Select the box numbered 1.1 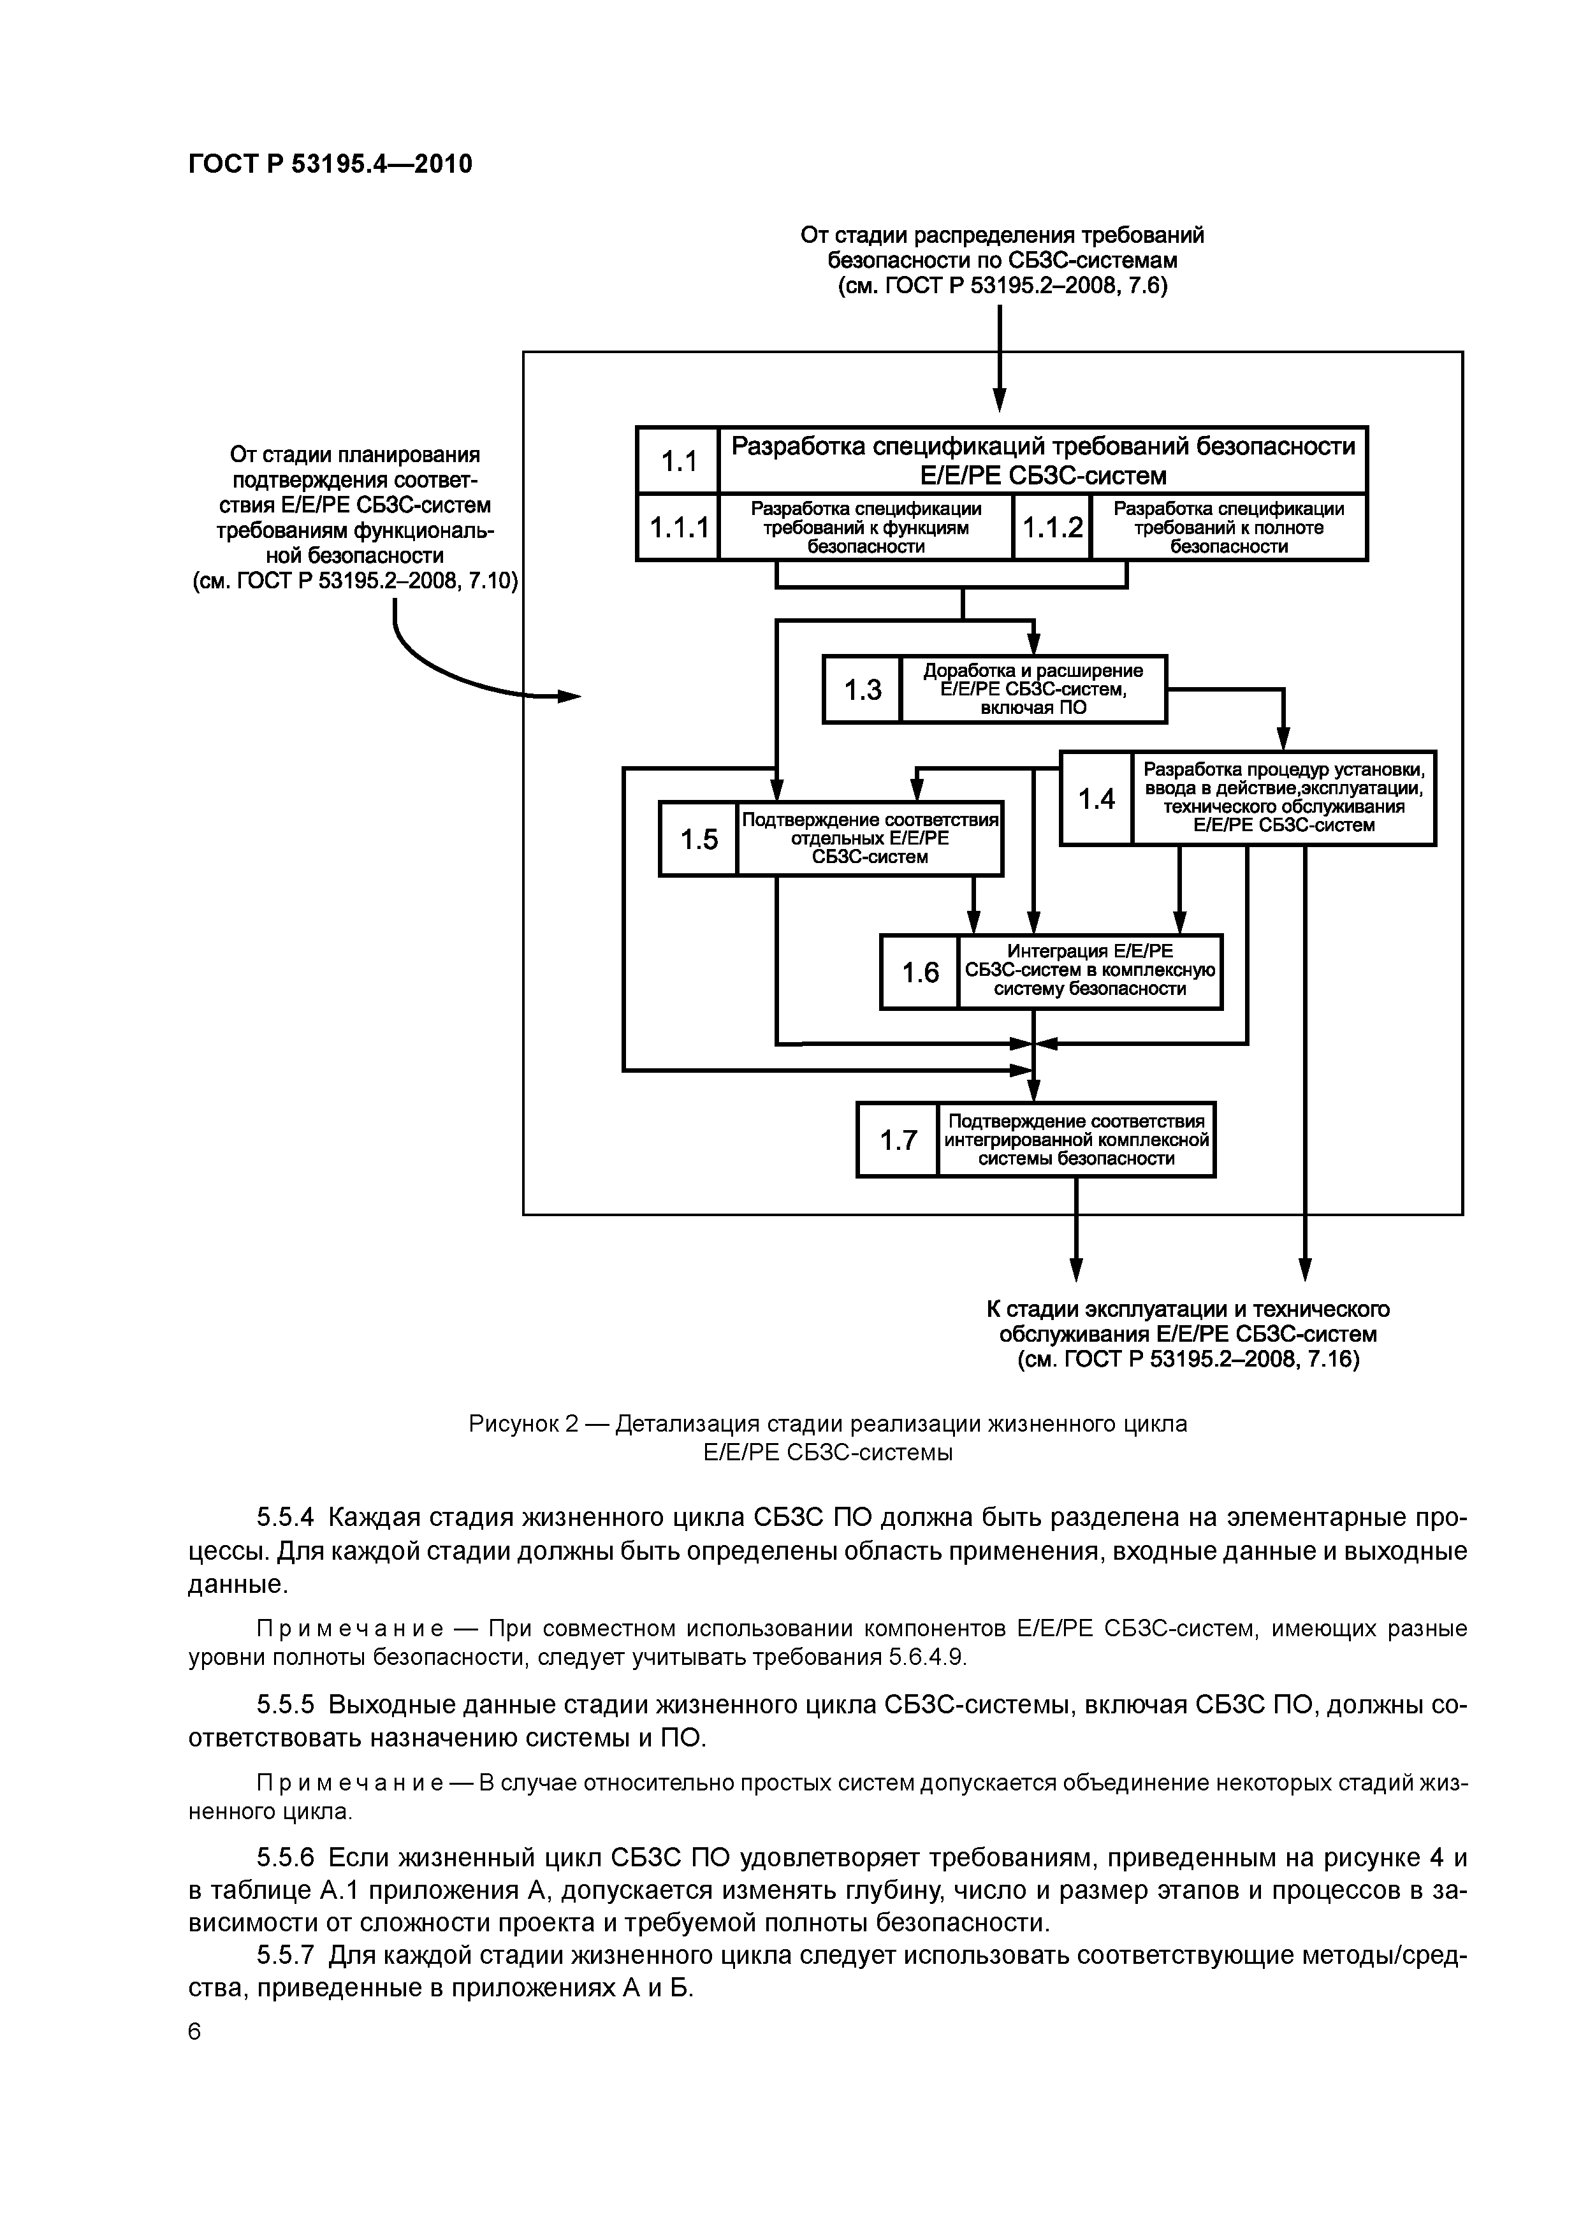[678, 460]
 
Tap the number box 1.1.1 [678, 527]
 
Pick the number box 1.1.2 [1052, 527]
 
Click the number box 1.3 [862, 690]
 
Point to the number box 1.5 [699, 839]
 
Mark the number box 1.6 [919, 972]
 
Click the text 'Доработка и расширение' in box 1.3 [1033, 671]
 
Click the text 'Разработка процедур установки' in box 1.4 [1283, 768]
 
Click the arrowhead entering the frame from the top [1000, 400]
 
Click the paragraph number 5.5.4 [286, 1518]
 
